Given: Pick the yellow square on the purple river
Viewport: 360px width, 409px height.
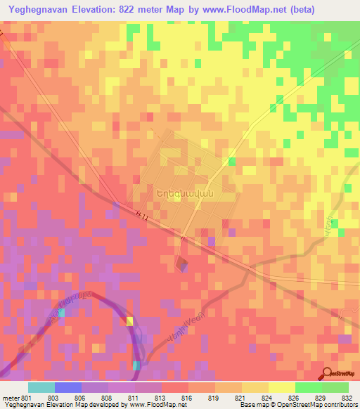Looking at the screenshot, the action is (x=129, y=321).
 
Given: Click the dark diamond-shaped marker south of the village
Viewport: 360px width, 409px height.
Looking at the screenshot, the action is (x=181, y=264).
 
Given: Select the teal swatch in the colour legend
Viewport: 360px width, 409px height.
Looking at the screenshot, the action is (x=41, y=387).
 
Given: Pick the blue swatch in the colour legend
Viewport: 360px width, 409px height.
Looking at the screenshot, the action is (x=67, y=387).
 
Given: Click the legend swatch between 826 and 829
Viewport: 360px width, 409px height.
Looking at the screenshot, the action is (x=307, y=387).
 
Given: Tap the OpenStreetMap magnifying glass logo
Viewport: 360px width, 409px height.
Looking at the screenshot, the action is (x=328, y=374).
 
